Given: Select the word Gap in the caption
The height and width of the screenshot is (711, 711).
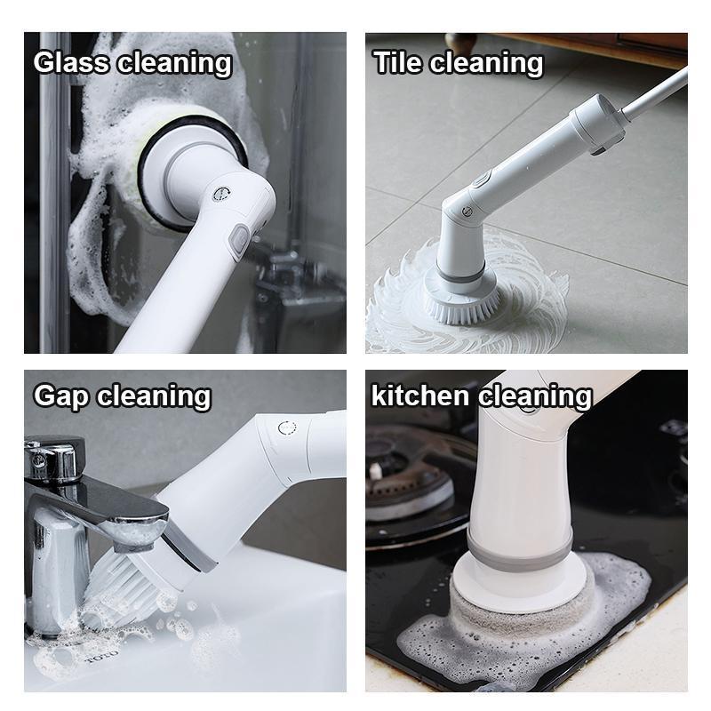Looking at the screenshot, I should (x=61, y=395).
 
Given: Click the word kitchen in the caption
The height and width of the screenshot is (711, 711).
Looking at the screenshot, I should (x=421, y=395).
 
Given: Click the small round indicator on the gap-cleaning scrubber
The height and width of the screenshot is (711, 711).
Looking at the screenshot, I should (x=286, y=427).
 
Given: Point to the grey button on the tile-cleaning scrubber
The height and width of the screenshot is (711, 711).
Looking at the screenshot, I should (x=480, y=179).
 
